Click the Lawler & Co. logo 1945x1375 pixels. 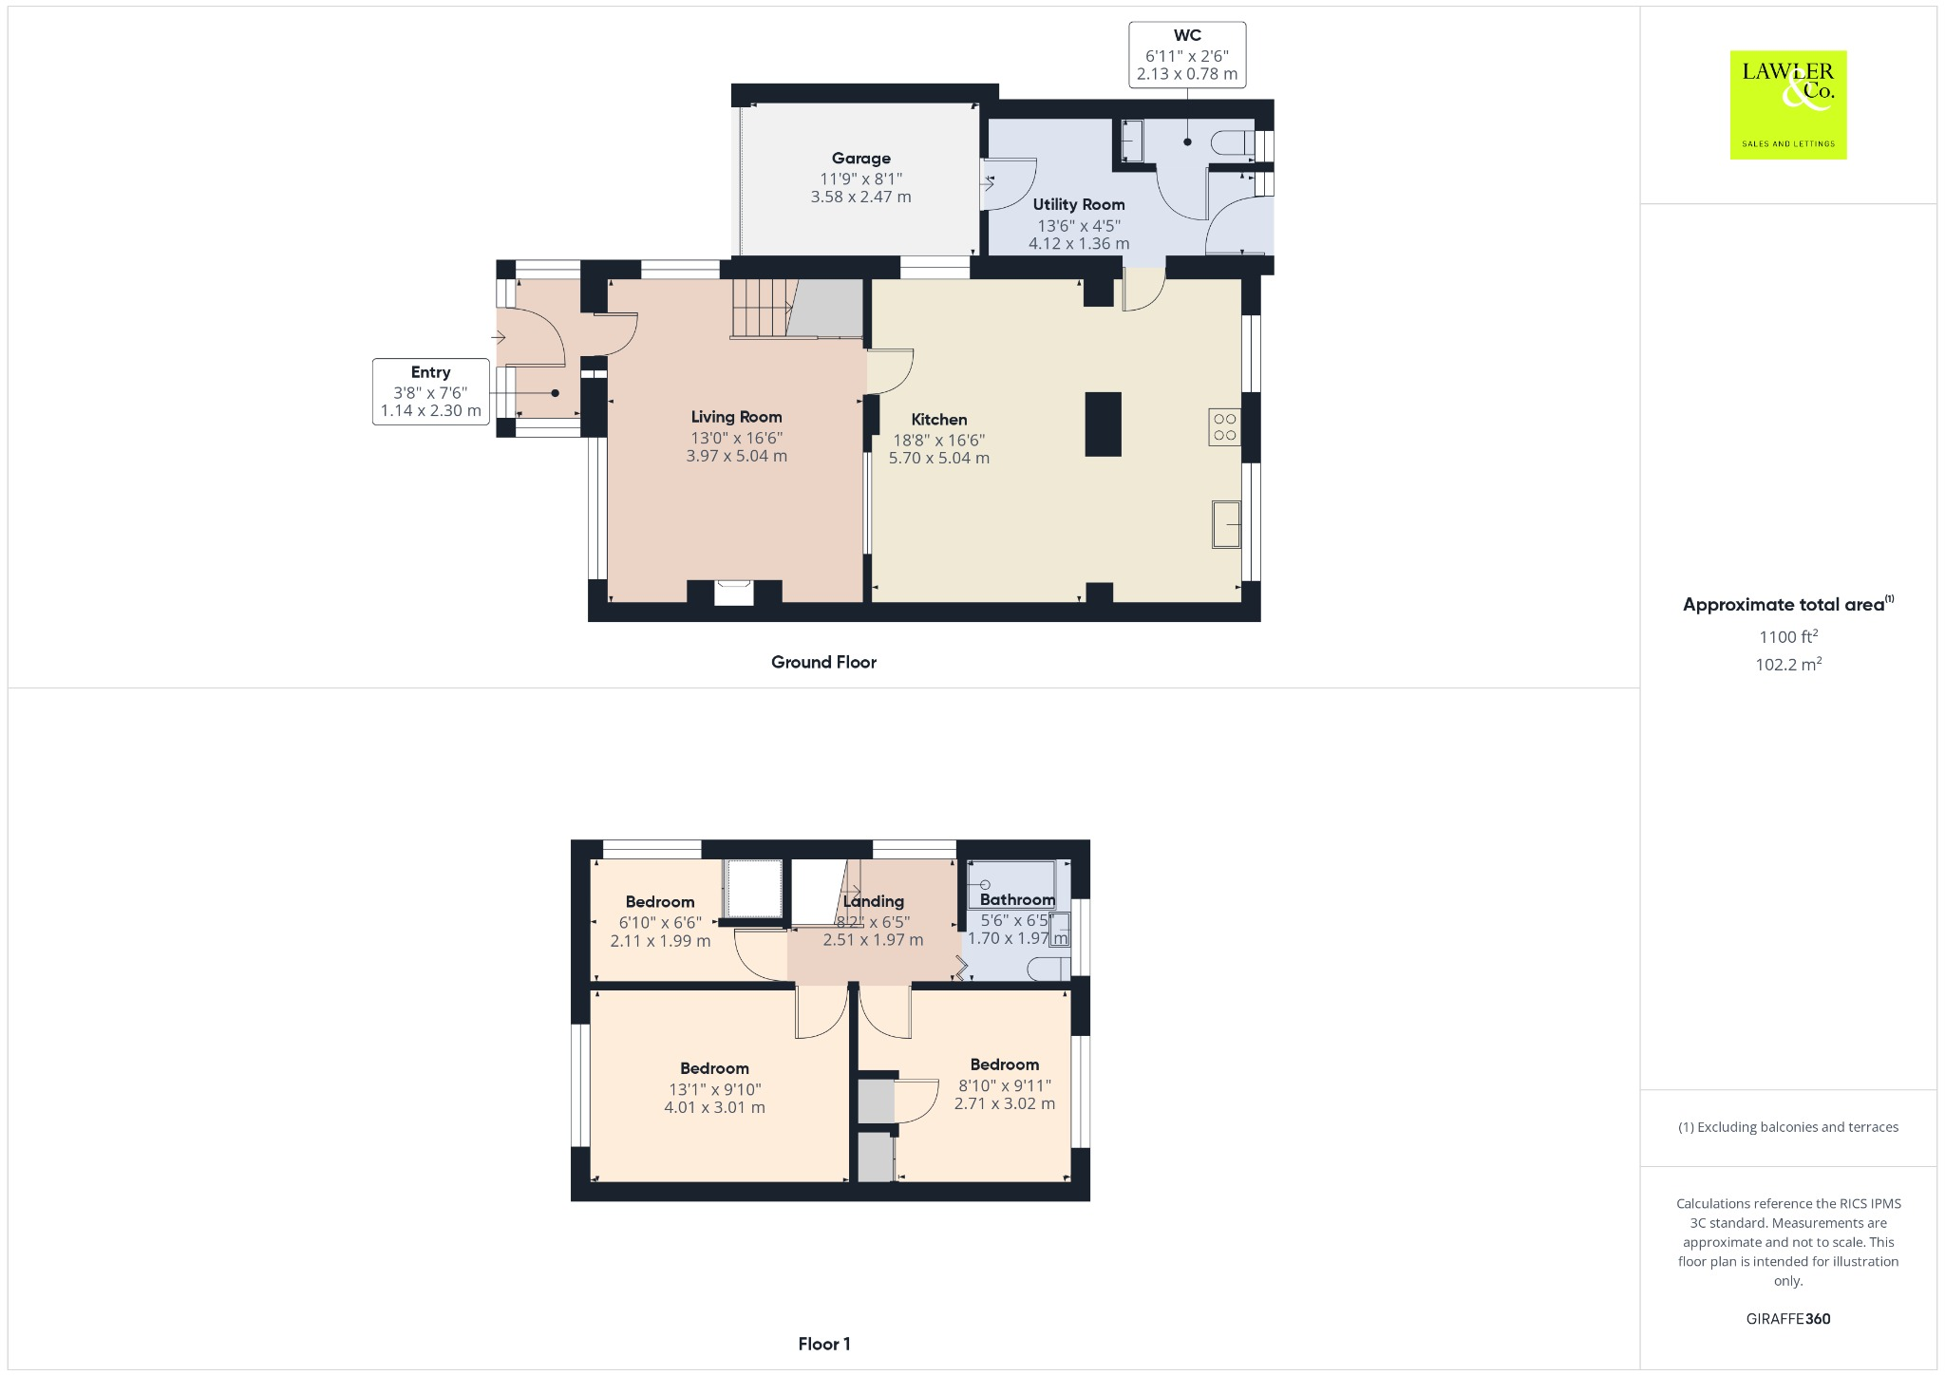(x=1787, y=104)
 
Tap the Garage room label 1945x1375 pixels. (x=860, y=159)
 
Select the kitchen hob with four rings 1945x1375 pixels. (x=1224, y=427)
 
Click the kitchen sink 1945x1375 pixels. (x=1226, y=524)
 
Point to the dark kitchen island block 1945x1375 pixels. (x=1103, y=424)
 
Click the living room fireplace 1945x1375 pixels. (x=734, y=592)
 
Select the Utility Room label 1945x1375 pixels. (x=1079, y=204)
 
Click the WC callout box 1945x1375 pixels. (x=1186, y=55)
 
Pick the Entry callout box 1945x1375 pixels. (x=431, y=391)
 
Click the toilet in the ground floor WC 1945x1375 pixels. (x=1232, y=143)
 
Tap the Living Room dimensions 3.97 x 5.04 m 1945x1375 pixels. (x=736, y=456)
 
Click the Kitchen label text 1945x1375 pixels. (x=938, y=420)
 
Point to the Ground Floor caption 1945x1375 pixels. (x=823, y=663)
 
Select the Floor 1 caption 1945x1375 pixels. (x=823, y=1344)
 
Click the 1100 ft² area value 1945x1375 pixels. (x=1787, y=636)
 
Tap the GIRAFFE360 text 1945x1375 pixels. (x=1787, y=1318)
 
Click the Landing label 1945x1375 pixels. (x=873, y=901)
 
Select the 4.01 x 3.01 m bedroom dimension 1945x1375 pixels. (x=714, y=1107)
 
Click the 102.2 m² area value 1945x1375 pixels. (x=1787, y=665)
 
